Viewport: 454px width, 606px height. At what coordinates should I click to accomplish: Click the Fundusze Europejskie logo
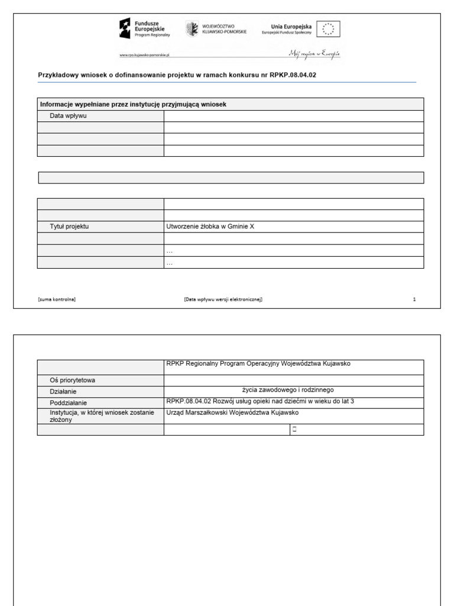click(x=145, y=28)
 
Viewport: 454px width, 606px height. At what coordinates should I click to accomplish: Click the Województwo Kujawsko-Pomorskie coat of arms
click(x=192, y=29)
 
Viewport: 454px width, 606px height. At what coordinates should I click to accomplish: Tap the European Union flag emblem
click(x=329, y=29)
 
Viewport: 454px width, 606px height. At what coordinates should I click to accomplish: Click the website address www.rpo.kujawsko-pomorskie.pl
click(x=145, y=54)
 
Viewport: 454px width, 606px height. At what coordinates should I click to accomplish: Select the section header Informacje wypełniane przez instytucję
click(x=133, y=104)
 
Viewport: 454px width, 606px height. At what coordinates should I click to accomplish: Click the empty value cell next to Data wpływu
click(x=293, y=116)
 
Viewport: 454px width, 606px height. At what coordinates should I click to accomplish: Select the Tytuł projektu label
click(x=69, y=227)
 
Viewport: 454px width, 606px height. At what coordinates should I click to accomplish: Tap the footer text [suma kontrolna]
click(x=57, y=299)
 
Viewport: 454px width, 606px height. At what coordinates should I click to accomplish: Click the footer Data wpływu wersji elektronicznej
click(x=223, y=299)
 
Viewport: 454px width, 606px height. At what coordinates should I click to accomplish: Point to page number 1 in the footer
click(x=414, y=299)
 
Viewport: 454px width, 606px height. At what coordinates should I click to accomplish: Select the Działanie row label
click(x=64, y=391)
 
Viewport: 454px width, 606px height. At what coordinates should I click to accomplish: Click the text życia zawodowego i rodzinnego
click(x=288, y=390)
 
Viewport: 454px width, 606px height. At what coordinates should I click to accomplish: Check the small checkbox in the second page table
click(x=294, y=430)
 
